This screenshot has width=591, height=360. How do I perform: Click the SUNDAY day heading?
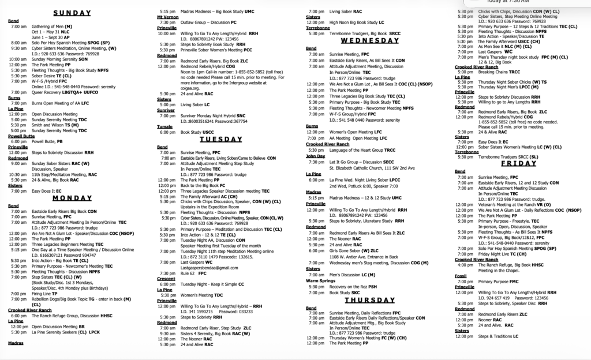click(x=72, y=12)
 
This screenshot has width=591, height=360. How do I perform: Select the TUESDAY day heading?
click(x=220, y=139)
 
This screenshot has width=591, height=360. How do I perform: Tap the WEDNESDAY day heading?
click(x=370, y=41)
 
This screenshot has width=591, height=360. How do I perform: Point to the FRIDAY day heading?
click(x=519, y=163)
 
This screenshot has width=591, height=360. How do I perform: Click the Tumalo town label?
click(x=164, y=125)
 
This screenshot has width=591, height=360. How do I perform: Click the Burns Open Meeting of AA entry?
click(x=58, y=103)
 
